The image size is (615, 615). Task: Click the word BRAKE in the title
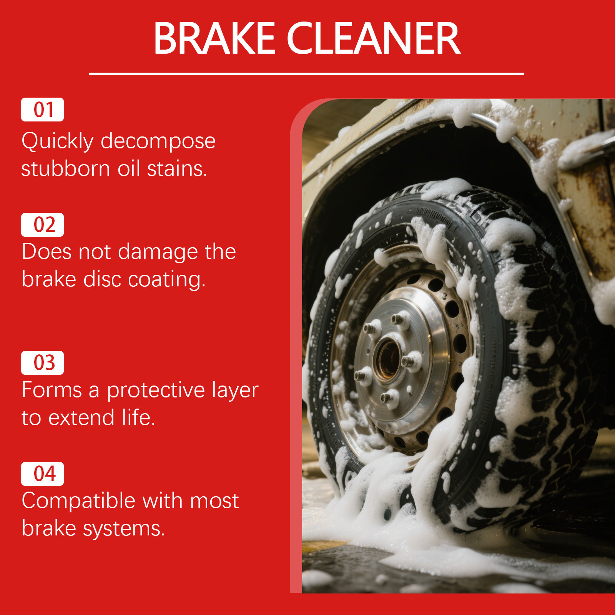[x=214, y=38]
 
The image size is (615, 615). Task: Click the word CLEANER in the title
[x=373, y=38]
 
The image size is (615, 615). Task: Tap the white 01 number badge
[x=42, y=110]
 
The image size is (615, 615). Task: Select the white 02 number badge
[x=42, y=225]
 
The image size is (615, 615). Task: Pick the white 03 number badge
[x=42, y=363]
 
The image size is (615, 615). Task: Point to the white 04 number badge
[x=42, y=474]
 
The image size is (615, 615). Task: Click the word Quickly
[x=58, y=141]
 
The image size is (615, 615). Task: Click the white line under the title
[x=306, y=73]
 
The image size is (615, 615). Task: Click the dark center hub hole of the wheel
[x=388, y=359]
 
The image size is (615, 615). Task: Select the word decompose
[x=158, y=141]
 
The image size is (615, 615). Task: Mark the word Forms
[x=52, y=390]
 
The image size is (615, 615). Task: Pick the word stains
[x=177, y=168]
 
